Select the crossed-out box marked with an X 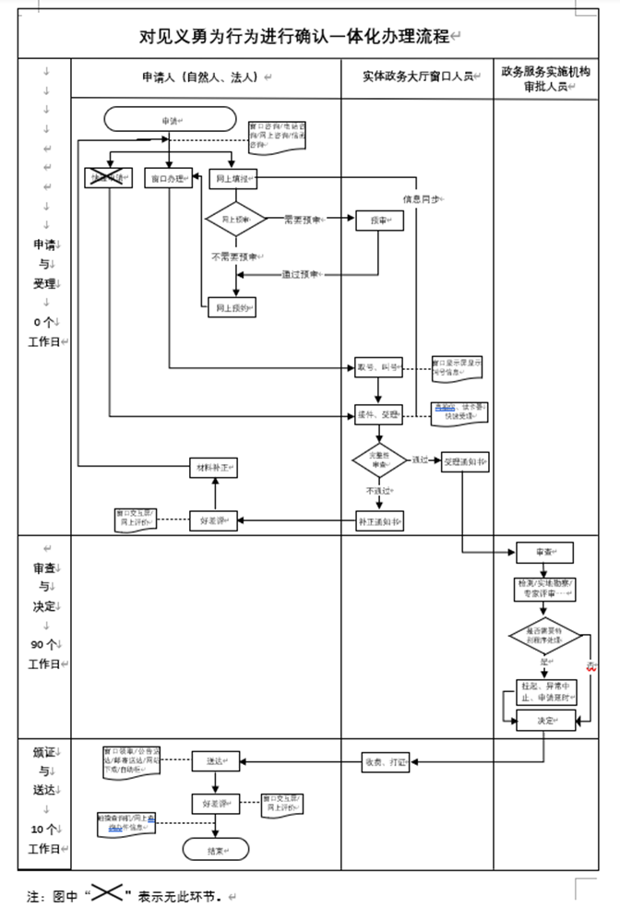click(109, 178)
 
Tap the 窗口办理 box click(170, 178)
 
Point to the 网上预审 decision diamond click(235, 220)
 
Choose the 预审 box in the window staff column click(379, 220)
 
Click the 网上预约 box click(232, 306)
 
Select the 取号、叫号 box click(378, 367)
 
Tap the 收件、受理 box click(378, 415)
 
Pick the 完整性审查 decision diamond click(379, 460)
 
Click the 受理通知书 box click(463, 460)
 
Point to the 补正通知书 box click(379, 520)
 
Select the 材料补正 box click(214, 468)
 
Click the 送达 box click(215, 761)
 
